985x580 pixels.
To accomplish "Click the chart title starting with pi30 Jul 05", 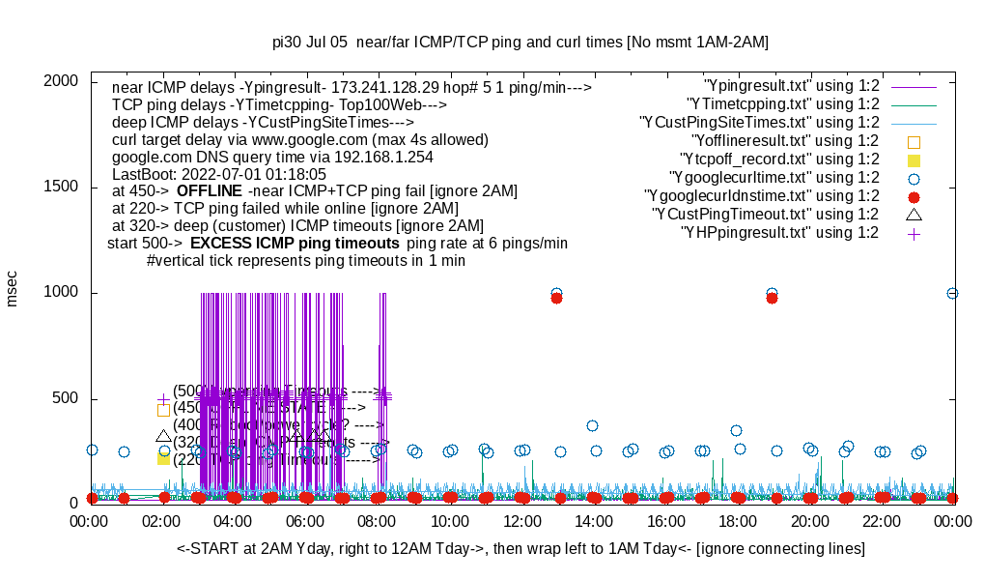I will [x=521, y=43].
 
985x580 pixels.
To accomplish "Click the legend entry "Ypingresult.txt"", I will [x=792, y=86].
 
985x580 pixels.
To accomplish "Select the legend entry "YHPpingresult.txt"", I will [x=780, y=233].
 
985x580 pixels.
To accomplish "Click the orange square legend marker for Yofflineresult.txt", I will [x=914, y=141].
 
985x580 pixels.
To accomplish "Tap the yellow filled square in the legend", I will [x=914, y=159].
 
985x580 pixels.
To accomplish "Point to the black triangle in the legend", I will [x=914, y=215].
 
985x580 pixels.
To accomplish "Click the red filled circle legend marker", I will [x=914, y=196].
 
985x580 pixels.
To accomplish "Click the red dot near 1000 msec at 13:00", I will [x=556, y=298].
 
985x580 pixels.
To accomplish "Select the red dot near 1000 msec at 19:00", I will [x=772, y=298].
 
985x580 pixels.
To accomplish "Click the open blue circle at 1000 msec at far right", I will [x=952, y=293].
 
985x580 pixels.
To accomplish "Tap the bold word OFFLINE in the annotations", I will [x=209, y=191].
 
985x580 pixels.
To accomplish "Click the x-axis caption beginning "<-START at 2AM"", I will [x=521, y=549].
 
